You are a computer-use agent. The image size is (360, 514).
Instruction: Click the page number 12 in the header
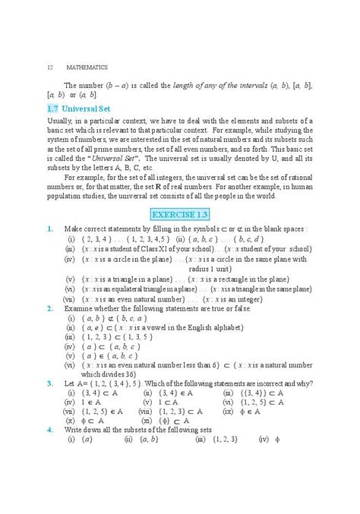pos(50,67)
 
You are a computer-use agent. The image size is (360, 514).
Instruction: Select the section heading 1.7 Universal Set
pos(81,111)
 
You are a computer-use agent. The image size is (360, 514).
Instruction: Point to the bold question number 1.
pos(49,227)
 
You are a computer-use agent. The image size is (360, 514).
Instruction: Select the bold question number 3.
pos(49,382)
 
